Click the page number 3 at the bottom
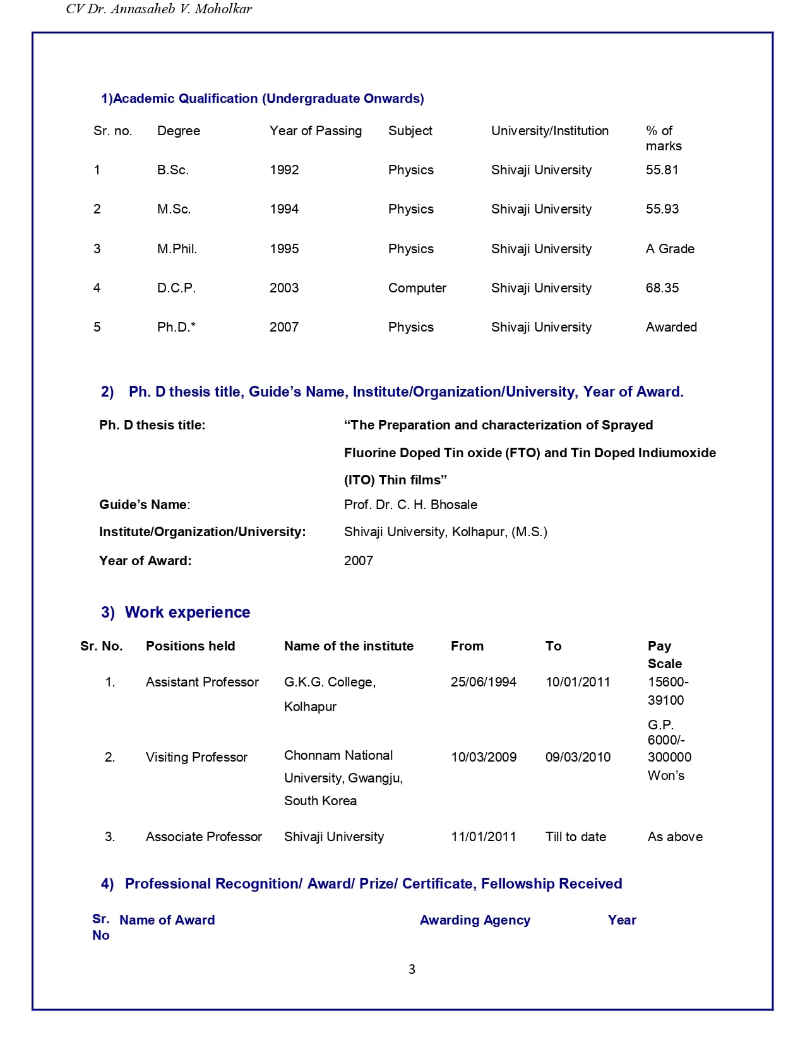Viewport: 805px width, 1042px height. point(412,969)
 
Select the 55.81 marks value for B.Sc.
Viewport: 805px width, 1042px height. point(662,170)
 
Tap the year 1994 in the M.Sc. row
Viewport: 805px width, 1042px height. point(284,209)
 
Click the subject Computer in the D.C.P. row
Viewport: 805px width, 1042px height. point(417,288)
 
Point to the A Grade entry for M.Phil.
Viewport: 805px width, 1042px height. point(670,249)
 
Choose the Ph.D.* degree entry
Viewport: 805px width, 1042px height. point(176,327)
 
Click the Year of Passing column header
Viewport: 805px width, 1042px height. point(316,131)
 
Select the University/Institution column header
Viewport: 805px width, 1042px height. point(549,131)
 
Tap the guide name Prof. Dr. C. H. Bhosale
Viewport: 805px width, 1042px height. point(410,505)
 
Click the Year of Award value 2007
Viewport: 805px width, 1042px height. point(359,561)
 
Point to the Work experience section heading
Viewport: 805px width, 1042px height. point(187,613)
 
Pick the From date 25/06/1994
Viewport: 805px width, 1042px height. point(484,682)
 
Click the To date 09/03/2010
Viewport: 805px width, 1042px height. point(578,757)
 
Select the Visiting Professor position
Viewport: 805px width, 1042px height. point(196,757)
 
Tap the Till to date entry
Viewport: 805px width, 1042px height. point(575,837)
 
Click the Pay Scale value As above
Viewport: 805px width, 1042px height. point(675,837)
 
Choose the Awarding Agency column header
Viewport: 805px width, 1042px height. point(475,920)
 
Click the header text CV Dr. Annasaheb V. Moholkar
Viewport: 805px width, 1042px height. point(159,9)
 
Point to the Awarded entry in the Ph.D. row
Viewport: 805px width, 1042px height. point(671,327)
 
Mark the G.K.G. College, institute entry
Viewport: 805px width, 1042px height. point(330,682)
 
